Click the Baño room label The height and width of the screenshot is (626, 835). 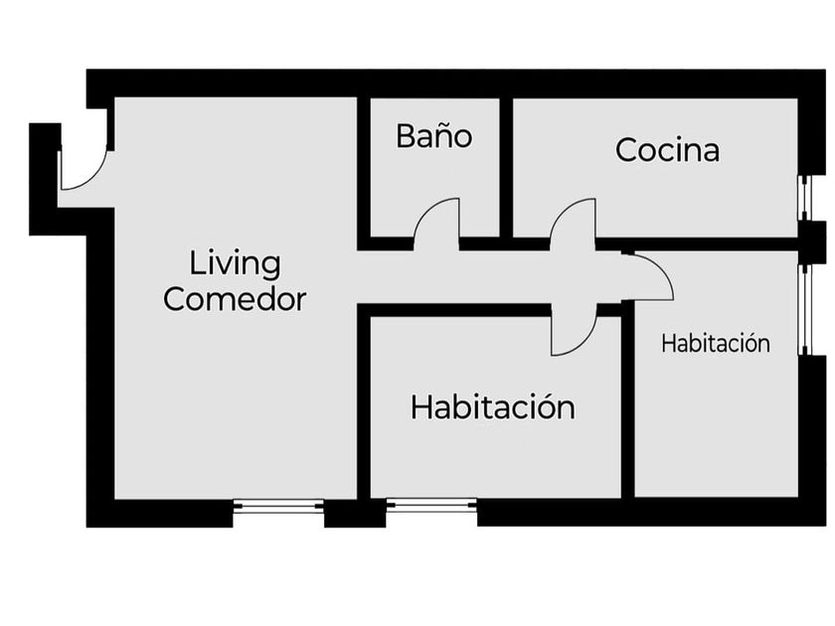[433, 136]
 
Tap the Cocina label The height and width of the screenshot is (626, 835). [667, 150]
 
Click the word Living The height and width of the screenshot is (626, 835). [236, 264]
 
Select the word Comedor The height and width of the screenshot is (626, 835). [235, 298]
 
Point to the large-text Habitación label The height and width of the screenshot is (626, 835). [492, 407]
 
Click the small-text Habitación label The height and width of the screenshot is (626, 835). [716, 344]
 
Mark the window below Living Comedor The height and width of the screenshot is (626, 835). [278, 507]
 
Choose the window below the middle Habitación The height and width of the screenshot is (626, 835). [431, 507]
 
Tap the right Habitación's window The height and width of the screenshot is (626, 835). [806, 308]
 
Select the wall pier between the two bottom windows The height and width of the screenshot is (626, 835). [355, 513]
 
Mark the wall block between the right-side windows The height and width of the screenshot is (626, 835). [812, 242]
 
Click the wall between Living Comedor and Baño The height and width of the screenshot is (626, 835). [364, 169]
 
